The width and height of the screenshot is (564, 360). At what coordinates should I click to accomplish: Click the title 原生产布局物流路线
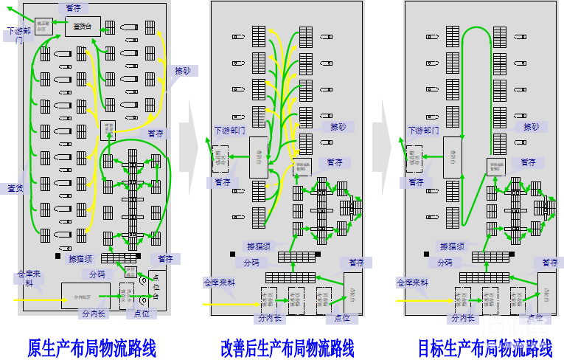(91, 347)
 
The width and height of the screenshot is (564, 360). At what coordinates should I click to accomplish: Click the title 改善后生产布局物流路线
(288, 347)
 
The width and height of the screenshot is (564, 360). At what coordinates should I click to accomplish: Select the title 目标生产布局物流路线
(485, 347)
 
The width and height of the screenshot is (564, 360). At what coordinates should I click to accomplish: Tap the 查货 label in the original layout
(15, 189)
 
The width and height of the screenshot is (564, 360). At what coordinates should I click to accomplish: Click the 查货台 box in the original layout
(83, 27)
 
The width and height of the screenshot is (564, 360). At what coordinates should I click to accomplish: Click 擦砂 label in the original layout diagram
(181, 72)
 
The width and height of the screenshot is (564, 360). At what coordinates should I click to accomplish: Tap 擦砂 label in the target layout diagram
(532, 127)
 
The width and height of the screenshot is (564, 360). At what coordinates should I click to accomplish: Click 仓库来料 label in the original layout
(29, 278)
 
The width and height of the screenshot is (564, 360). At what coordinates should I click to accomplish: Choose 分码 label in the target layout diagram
(445, 262)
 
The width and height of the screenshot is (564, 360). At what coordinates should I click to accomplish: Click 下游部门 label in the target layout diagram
(423, 130)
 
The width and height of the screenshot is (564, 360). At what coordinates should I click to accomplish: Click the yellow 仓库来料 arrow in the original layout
(37, 300)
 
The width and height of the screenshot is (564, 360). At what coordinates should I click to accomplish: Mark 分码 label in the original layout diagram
(97, 274)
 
